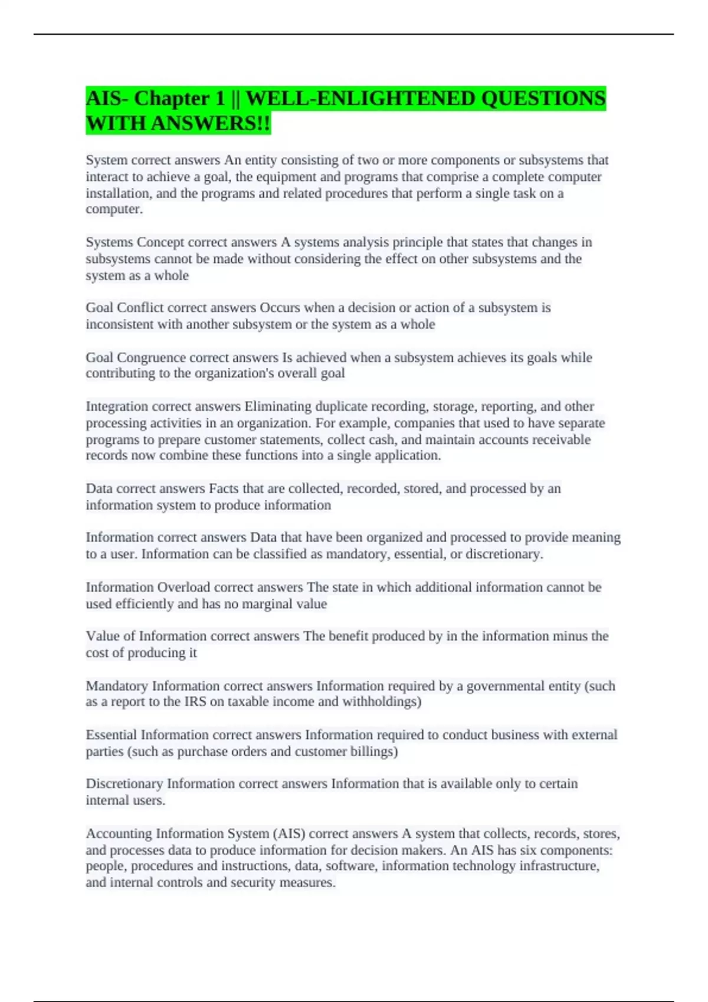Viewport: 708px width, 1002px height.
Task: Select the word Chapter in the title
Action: click(180, 98)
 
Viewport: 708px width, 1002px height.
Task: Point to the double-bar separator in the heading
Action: click(235, 98)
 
